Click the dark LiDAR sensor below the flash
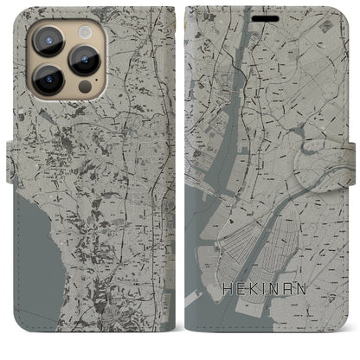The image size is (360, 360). [x=84, y=87]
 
